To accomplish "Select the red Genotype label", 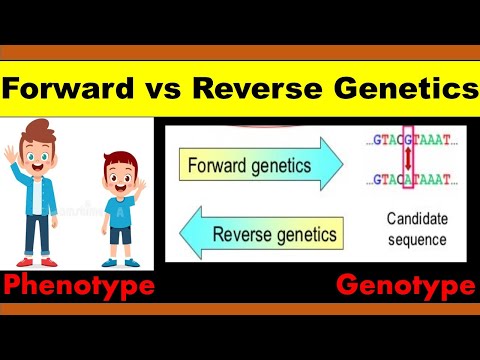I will [405, 288].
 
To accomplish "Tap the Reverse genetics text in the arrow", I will [273, 236].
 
